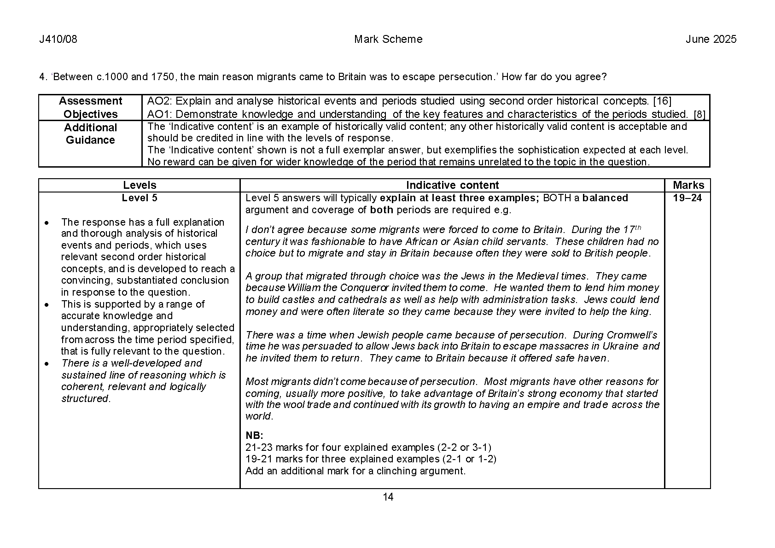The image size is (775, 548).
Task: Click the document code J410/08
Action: [x=58, y=40]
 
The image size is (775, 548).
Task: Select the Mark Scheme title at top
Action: [x=388, y=40]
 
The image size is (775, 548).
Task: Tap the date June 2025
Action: [x=711, y=40]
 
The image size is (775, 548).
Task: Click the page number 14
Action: [x=388, y=497]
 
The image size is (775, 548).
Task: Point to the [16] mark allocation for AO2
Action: [x=663, y=101]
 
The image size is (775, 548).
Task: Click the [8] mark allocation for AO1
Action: [x=699, y=115]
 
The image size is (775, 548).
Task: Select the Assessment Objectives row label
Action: [x=91, y=108]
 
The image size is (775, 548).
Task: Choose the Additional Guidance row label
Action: [x=91, y=134]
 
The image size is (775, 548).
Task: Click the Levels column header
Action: [x=140, y=185]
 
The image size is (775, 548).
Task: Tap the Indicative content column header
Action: [x=452, y=185]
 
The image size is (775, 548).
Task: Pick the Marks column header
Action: [x=688, y=185]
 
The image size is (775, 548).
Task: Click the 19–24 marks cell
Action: [x=687, y=198]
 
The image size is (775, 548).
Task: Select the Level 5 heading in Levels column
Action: [x=140, y=198]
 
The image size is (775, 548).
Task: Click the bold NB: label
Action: [x=254, y=436]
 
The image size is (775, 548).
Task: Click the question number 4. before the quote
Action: [x=44, y=77]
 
